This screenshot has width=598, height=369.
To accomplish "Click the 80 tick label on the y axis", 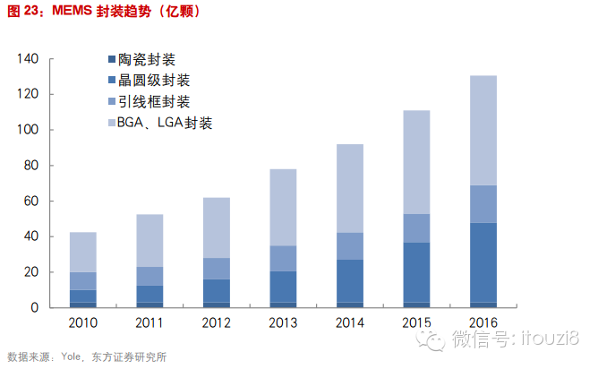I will coord(31,166).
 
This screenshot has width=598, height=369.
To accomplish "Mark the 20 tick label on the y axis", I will coord(31,272).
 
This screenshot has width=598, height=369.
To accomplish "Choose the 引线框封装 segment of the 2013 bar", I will coord(283,258).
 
